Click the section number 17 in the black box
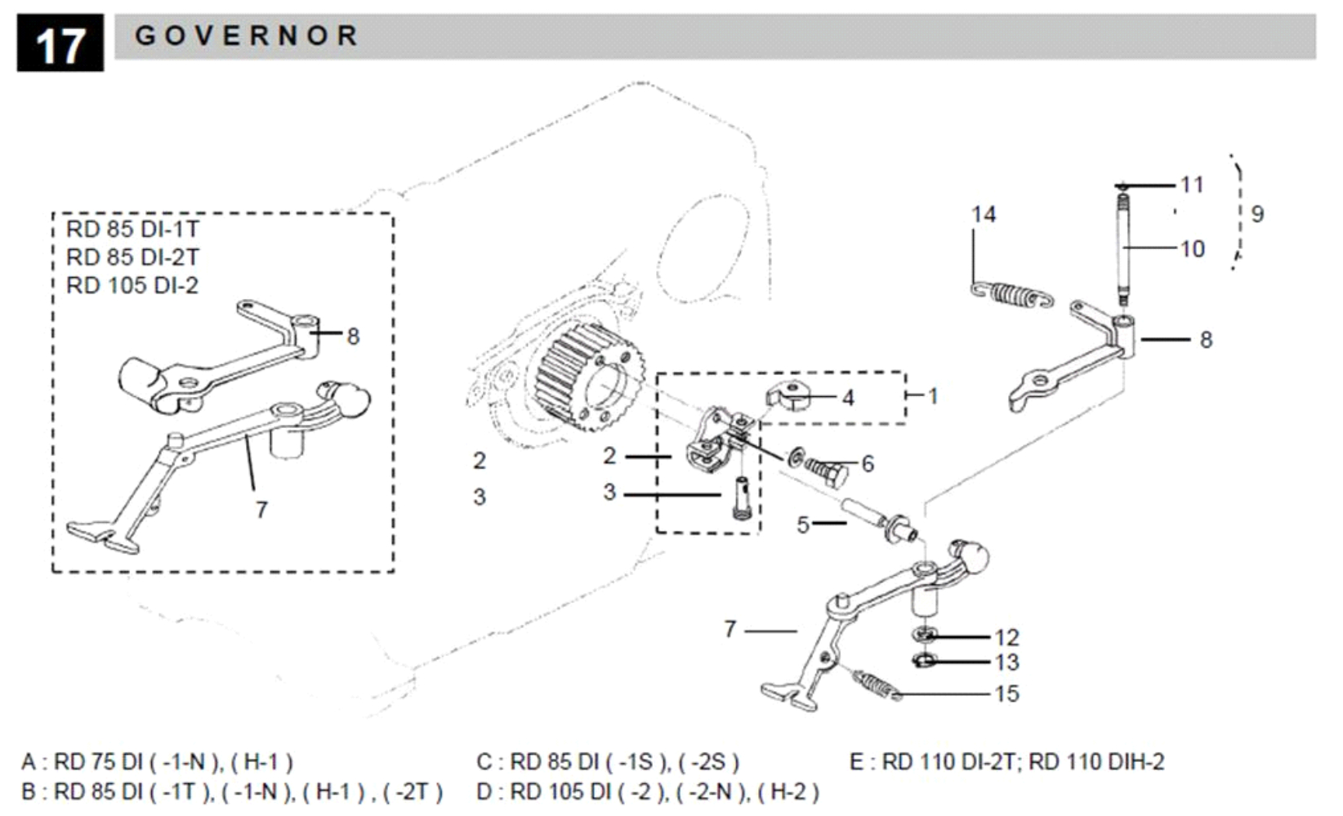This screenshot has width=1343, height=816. (x=60, y=45)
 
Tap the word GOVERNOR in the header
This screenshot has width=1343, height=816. (x=247, y=36)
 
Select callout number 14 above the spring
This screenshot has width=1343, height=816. (x=984, y=215)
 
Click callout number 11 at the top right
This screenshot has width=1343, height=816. (x=1192, y=185)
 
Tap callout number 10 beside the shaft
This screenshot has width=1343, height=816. (x=1192, y=248)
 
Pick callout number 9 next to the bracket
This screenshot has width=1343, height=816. (x=1257, y=214)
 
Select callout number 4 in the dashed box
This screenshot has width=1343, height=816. (x=848, y=398)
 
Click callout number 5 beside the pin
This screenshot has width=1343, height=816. (x=803, y=525)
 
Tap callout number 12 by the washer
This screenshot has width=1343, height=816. (x=1006, y=637)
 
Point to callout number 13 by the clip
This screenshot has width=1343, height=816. (x=1006, y=662)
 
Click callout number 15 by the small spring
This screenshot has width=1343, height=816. (x=1006, y=693)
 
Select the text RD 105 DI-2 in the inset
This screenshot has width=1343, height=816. (x=132, y=285)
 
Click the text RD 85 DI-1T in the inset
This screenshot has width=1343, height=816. (x=132, y=229)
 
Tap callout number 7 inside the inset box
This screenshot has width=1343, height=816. (x=261, y=510)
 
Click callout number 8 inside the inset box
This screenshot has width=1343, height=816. (x=353, y=336)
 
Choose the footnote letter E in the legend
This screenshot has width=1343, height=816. (x=856, y=762)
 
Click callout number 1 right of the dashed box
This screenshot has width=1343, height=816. (x=933, y=396)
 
